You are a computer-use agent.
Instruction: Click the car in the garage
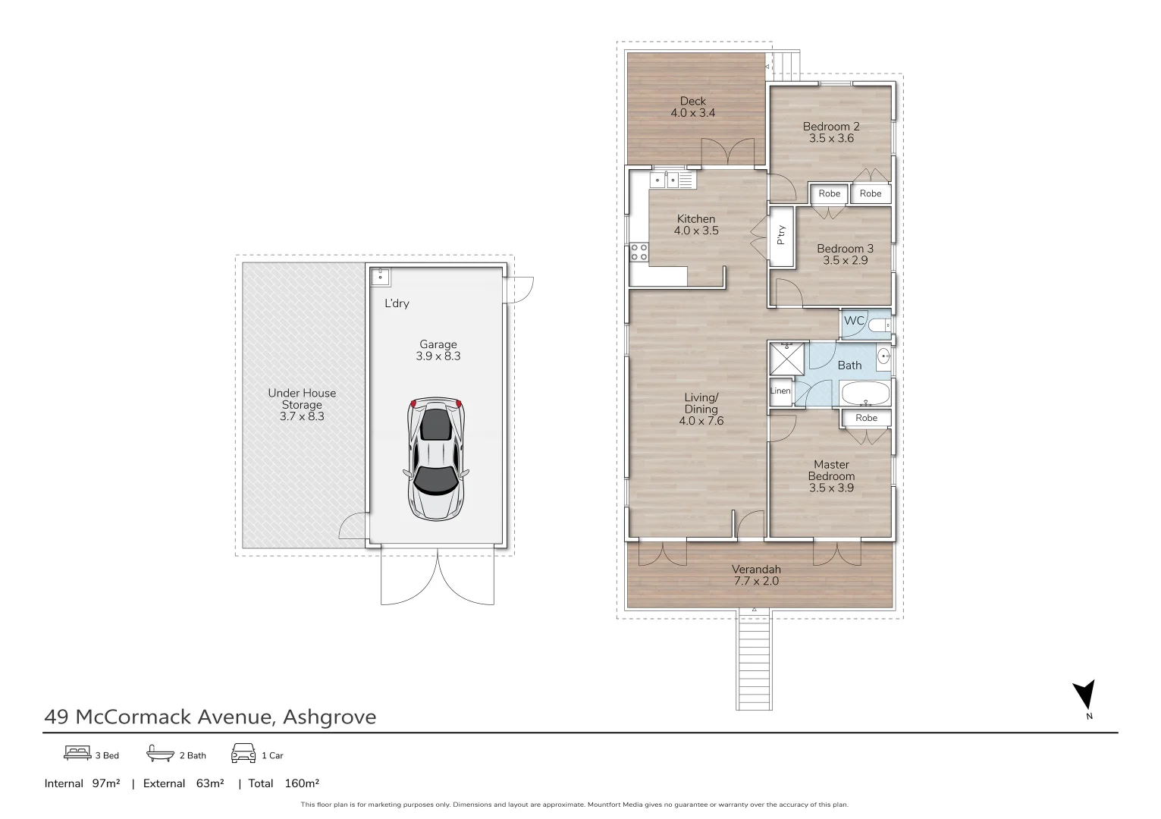438,460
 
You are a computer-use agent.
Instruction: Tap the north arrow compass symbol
1084,695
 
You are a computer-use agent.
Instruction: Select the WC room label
854,321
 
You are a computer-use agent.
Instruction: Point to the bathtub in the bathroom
864,394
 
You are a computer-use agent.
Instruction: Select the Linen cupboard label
780,391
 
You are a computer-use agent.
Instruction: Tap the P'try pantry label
781,236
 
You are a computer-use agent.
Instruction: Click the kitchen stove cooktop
639,252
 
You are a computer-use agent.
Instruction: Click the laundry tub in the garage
380,275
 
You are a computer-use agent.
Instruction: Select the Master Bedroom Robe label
866,418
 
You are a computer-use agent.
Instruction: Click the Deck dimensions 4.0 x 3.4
692,113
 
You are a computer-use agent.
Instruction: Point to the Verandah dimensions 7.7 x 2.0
755,582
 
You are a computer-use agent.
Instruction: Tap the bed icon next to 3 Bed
77,753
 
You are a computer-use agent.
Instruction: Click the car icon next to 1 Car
243,753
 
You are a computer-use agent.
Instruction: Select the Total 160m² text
284,783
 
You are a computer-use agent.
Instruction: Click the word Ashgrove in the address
329,717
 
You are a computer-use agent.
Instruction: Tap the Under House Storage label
302,404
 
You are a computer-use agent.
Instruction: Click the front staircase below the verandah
754,660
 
